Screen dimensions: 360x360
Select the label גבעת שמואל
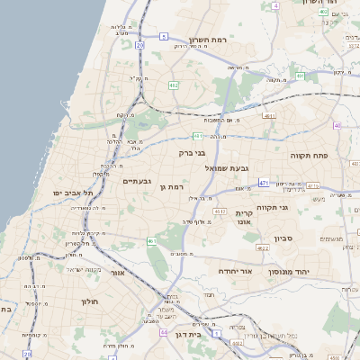coord(226,168)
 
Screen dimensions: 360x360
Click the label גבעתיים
coord(136,181)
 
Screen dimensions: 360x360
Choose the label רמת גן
coord(170,186)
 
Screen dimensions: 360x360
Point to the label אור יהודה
coord(237,270)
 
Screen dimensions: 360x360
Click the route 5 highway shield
coord(164,36)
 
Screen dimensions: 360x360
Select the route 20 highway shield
coord(139,44)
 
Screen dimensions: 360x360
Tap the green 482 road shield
coord(173,85)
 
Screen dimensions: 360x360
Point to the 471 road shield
coord(264,183)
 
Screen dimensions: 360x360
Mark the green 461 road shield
coord(151,241)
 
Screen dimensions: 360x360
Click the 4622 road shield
coord(262,247)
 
